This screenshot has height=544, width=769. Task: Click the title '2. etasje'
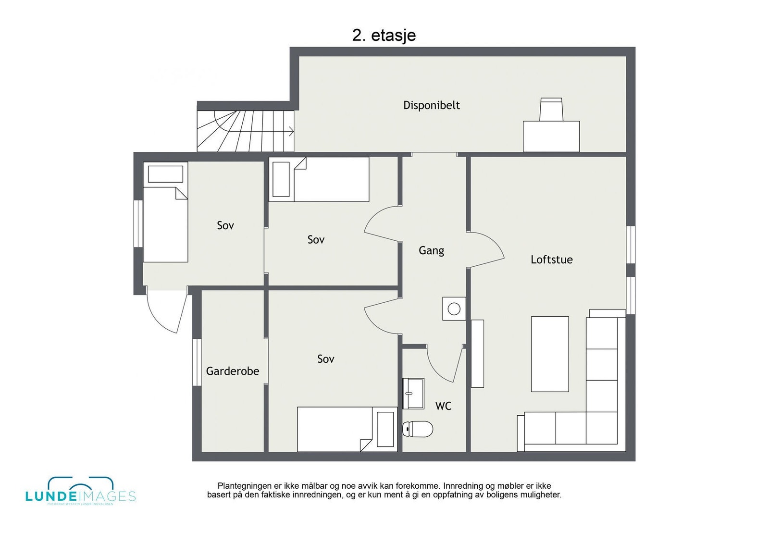pyautogui.click(x=384, y=35)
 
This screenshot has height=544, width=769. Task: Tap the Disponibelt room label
pyautogui.click(x=431, y=105)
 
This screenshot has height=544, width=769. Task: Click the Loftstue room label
pyautogui.click(x=551, y=260)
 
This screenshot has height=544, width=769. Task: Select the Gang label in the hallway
pyautogui.click(x=431, y=250)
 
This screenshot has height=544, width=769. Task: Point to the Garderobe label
pyautogui.click(x=233, y=371)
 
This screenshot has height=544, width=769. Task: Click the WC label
pyautogui.click(x=443, y=406)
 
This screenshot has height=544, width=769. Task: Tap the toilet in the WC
pyautogui.click(x=418, y=429)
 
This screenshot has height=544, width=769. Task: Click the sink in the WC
pyautogui.click(x=413, y=393)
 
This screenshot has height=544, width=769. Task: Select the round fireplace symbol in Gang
pyautogui.click(x=454, y=309)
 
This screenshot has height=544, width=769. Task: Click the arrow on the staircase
pyautogui.click(x=290, y=131)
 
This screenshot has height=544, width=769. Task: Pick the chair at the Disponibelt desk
pyautogui.click(x=551, y=109)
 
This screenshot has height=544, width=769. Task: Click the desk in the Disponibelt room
pyautogui.click(x=551, y=136)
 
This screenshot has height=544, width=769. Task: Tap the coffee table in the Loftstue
pyautogui.click(x=549, y=354)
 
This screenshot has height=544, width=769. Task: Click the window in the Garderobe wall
pyautogui.click(x=197, y=362)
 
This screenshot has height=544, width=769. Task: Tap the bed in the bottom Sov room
pyautogui.click(x=347, y=429)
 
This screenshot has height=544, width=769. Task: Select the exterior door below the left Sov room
pyautogui.click(x=166, y=311)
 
